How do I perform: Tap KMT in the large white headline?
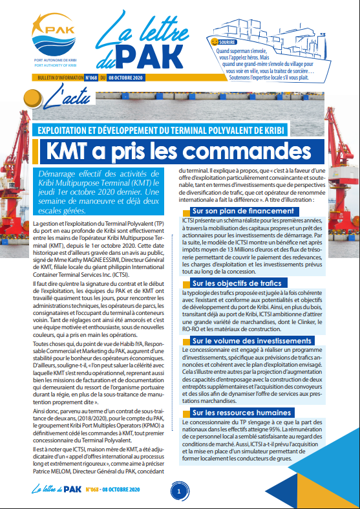[x=72, y=151]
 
